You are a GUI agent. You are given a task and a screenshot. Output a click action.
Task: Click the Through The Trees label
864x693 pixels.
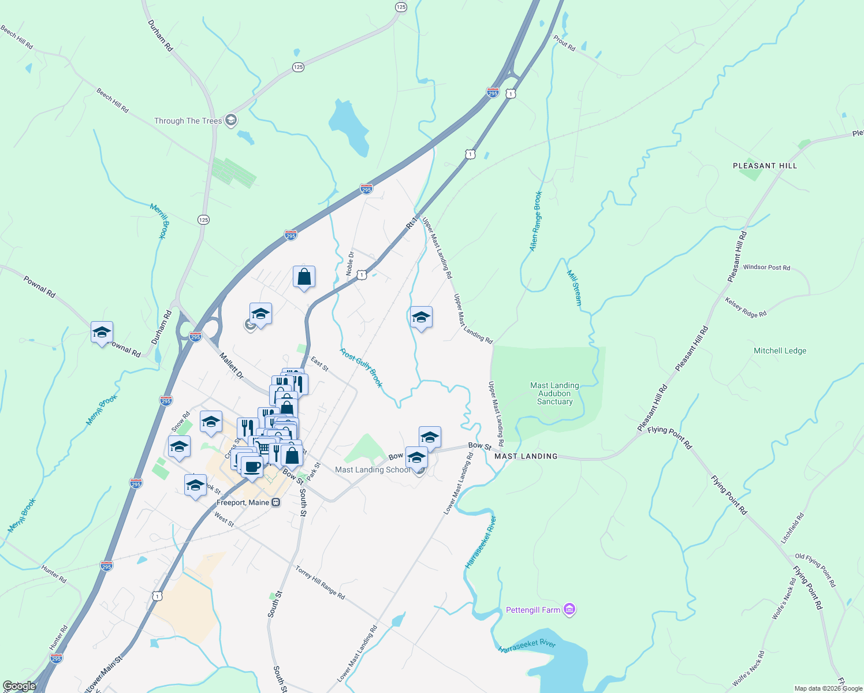coord(188,121)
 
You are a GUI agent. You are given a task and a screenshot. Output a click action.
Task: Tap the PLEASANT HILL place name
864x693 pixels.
coord(765,166)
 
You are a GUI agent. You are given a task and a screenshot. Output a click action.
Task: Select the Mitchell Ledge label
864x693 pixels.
coord(780,351)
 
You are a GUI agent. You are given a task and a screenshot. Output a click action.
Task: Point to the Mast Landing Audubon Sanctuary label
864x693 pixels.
coord(554,393)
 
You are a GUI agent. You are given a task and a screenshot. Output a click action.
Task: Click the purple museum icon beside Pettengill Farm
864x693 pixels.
coord(569,610)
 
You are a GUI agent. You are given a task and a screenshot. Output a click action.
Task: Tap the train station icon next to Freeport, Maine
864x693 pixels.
coord(276,502)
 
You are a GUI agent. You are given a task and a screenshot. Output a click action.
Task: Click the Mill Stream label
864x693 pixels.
coord(575,288)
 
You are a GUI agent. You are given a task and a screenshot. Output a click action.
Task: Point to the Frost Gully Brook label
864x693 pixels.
coord(361,368)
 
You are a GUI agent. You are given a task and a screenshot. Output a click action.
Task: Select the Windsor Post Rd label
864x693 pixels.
coord(766,267)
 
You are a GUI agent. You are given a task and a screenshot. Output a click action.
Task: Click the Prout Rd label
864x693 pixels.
coord(564,43)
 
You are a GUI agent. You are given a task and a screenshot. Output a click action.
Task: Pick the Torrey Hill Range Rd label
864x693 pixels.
coord(320,582)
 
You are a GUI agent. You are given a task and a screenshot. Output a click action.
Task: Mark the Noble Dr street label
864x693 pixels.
coord(350,263)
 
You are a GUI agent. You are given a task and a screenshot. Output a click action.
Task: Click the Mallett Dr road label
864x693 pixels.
coord(232,366)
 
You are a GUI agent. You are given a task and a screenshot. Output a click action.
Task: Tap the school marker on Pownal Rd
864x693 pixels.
coord(102,333)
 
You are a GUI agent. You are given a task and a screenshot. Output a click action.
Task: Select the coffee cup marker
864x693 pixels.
coord(252,466)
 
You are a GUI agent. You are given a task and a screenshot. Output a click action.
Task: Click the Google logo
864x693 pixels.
coord(19,686)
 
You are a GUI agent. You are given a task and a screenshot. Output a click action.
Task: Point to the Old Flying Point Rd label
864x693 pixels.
coord(815,571)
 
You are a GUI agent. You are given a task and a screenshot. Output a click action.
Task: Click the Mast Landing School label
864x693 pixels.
coord(373,470)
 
